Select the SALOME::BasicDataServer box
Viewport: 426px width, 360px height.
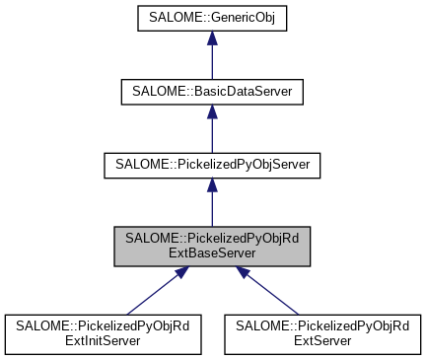[212, 92]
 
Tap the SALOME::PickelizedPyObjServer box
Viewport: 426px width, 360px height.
[212, 164]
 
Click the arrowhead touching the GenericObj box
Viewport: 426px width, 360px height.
[212, 42]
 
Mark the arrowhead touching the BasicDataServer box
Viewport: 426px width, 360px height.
[212, 114]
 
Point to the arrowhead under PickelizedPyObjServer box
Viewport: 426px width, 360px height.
[212, 186]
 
